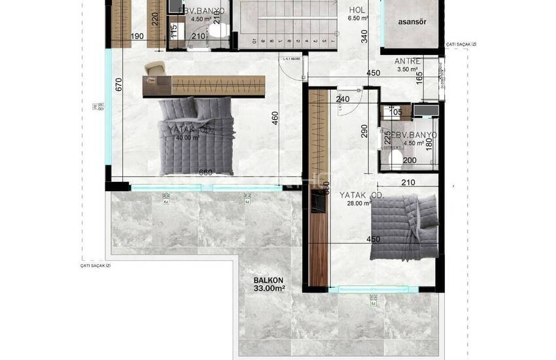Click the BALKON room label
[269, 279]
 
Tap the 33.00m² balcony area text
[269, 288]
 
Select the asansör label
[412, 22]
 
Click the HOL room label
[357, 10]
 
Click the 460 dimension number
[275, 118]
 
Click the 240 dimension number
[343, 99]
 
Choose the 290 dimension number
[366, 132]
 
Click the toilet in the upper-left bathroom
[221, 29]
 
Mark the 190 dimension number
[137, 37]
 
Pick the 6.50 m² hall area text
[357, 19]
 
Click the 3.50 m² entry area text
[408, 69]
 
